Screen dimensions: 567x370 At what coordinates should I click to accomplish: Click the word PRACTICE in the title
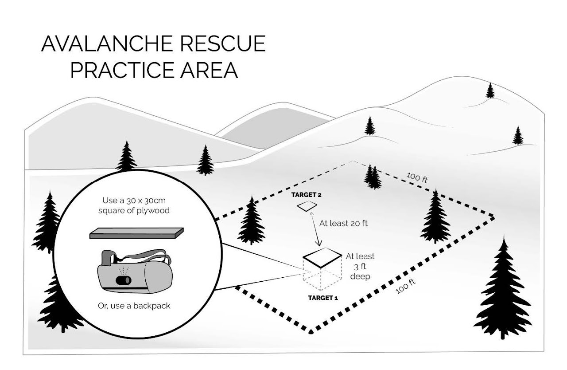[x=122, y=70]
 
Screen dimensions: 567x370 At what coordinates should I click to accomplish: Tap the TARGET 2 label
[x=306, y=195]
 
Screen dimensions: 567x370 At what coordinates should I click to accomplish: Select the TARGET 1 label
[x=323, y=298]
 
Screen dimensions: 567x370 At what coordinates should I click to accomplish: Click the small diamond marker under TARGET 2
[x=307, y=206]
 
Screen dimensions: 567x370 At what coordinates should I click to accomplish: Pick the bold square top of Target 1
[x=322, y=257]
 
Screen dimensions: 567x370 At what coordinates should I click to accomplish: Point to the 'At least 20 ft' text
[x=343, y=223]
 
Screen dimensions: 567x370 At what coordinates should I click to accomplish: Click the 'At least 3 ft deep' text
[x=360, y=266]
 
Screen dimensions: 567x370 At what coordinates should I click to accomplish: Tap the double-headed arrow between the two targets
[x=315, y=229]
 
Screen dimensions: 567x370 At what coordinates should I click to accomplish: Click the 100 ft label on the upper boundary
[x=417, y=177]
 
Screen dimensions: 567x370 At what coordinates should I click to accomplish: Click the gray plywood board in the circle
[x=136, y=233]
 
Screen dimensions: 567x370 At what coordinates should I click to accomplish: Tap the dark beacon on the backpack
[x=124, y=280]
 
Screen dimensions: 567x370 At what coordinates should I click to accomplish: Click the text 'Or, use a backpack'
[x=134, y=306]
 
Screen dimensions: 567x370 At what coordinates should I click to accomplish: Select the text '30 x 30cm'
[x=146, y=201]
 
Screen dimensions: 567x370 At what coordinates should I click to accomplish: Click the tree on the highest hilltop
[x=490, y=91]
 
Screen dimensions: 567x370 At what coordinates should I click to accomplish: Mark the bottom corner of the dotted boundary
[x=311, y=332]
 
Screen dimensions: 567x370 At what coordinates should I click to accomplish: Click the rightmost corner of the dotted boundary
[x=493, y=217]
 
